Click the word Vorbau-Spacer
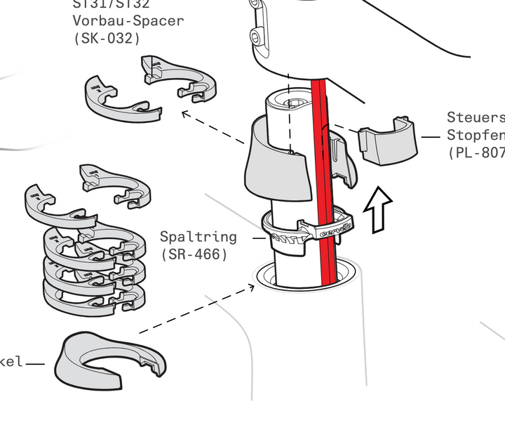click(128, 20)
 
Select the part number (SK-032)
click(107, 39)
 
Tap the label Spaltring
click(198, 237)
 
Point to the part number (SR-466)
click(194, 254)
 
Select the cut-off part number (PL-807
click(476, 152)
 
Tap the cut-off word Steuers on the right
click(476, 117)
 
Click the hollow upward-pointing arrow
click(377, 209)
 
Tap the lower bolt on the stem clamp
click(260, 35)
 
